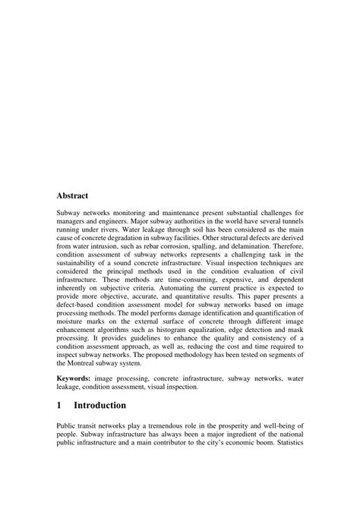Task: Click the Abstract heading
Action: (77, 195)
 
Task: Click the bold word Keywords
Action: (76, 376)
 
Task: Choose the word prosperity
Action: (232, 428)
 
